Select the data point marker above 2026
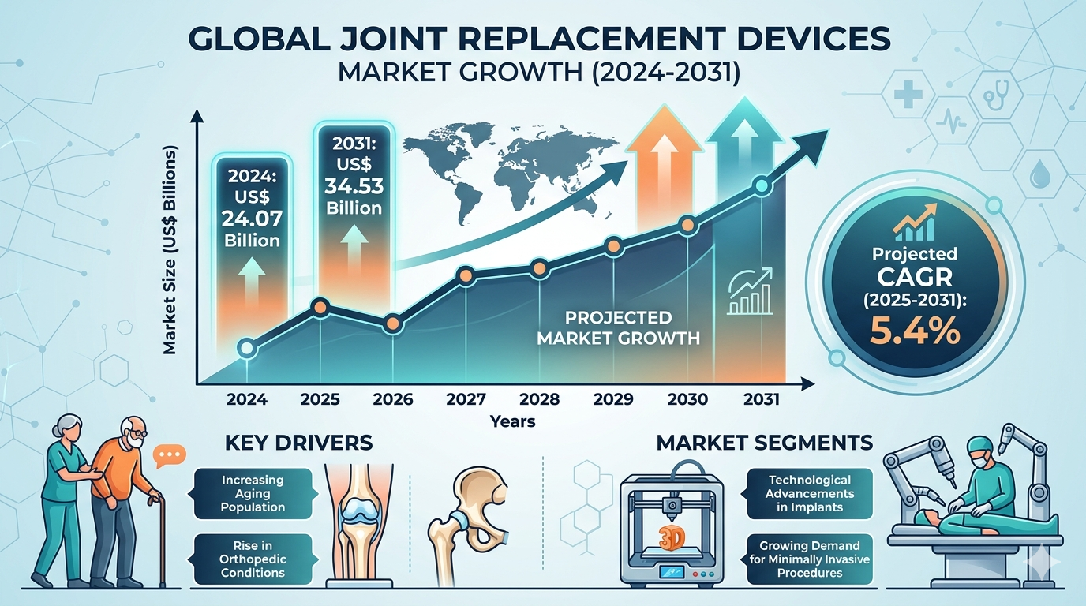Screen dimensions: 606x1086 (x=392, y=323)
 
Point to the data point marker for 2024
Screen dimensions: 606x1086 (x=246, y=347)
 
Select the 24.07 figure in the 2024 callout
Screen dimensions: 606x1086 (x=252, y=215)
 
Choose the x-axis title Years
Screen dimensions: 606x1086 (x=512, y=421)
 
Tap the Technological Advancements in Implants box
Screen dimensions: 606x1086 (x=811, y=493)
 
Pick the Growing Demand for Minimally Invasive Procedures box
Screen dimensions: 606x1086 (x=811, y=558)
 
